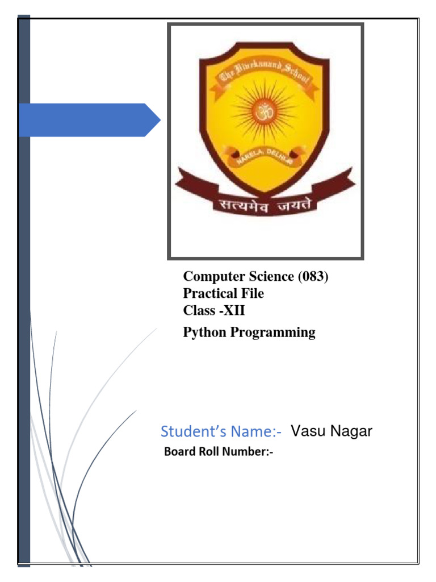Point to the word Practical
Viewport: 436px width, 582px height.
208,294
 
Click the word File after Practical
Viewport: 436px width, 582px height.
251,294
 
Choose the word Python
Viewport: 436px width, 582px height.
204,332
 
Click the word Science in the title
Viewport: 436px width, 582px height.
267,277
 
